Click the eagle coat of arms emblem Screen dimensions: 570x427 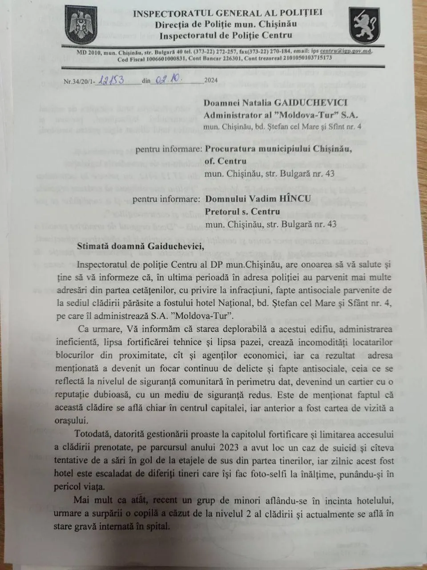tap(81, 26)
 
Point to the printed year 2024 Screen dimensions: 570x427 tap(210, 81)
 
